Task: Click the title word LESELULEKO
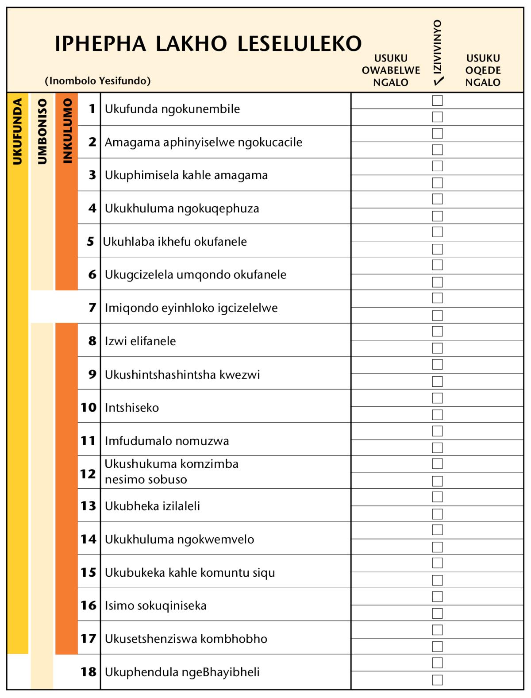click(300, 44)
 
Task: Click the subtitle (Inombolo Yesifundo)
click(98, 81)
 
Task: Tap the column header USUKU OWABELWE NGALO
click(391, 70)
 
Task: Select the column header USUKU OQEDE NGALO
click(483, 70)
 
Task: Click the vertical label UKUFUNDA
click(18, 131)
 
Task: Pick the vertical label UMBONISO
click(42, 131)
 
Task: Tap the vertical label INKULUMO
click(67, 131)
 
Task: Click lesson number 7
click(92, 307)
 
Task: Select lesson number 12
click(88, 474)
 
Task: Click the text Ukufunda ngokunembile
click(172, 109)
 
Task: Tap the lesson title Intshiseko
click(131, 408)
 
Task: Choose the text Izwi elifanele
click(140, 341)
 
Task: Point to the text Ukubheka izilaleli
click(152, 506)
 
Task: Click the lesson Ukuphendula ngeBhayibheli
click(182, 672)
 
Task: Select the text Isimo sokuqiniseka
click(155, 605)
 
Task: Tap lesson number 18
click(88, 672)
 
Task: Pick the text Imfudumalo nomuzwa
click(167, 441)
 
